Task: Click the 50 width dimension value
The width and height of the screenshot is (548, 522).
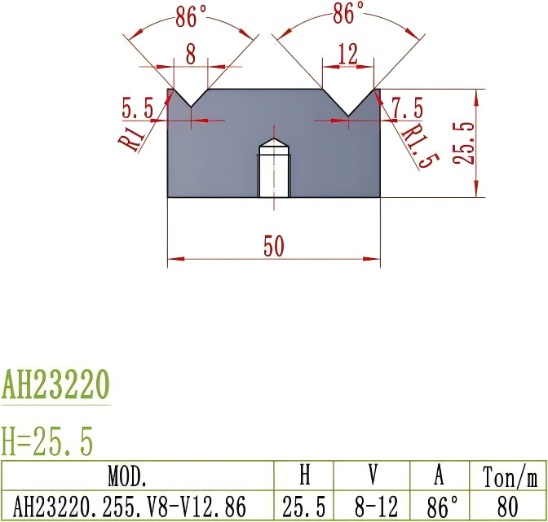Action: coord(274,248)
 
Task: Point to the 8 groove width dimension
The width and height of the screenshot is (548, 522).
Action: coord(191,55)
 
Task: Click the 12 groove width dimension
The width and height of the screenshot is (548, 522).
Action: coord(347,55)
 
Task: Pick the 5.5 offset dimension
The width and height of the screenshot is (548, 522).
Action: coord(137,107)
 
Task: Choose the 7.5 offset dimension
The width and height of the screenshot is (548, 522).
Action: coord(407,107)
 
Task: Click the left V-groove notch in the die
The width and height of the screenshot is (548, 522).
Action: coord(191,99)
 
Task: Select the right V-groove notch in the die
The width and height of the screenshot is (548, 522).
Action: coord(348,103)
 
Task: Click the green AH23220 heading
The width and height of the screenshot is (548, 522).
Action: coord(55,384)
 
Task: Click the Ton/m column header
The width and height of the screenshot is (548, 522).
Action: coord(508,476)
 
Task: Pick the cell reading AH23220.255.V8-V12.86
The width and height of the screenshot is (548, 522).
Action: coord(137,506)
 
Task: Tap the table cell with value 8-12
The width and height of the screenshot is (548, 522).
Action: coord(371,506)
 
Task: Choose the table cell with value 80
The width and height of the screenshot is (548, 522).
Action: coord(508,506)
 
